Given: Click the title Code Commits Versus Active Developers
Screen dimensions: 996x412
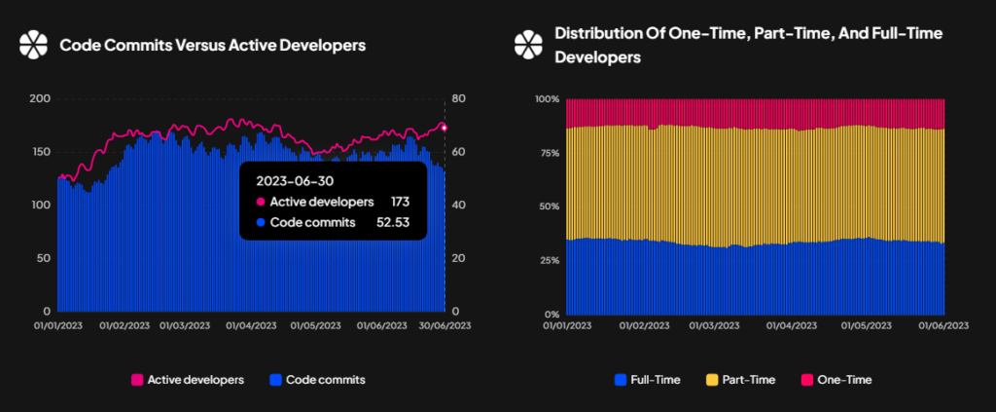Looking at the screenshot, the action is [213, 45].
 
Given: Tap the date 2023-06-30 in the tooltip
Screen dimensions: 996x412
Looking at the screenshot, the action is [294, 180].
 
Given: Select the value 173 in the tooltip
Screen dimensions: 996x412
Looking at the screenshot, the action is [400, 202].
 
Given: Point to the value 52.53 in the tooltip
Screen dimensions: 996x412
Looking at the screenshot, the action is [394, 222].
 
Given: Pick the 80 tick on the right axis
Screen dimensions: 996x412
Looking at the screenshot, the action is [460, 99].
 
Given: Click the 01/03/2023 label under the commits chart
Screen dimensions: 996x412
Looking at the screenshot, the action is [184, 325].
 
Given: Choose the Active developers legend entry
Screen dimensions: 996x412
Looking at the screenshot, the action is [188, 380].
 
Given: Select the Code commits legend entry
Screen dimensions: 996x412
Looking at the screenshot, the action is [318, 380].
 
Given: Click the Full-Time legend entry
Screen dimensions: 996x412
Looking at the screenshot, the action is [648, 380].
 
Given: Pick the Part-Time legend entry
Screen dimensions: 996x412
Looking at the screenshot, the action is [740, 380].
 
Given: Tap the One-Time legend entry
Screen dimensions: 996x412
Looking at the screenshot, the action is [836, 380].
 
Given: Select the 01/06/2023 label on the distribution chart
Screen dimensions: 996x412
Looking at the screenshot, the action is [943, 325].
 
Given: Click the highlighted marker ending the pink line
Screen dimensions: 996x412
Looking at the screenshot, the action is [444, 128].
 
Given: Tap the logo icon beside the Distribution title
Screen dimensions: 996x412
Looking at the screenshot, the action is [528, 45].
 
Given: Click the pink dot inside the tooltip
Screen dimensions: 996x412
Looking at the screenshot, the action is [259, 203].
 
